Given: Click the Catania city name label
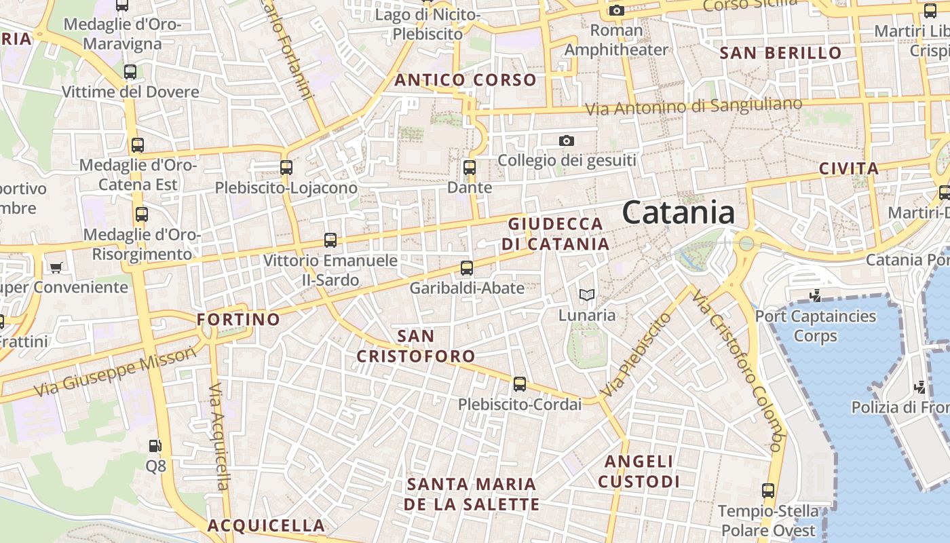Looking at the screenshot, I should tap(679, 212).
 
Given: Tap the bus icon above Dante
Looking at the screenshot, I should tap(469, 167).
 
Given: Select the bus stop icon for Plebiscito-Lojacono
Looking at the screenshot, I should tap(286, 167).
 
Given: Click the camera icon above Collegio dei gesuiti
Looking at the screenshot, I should tap(567, 141).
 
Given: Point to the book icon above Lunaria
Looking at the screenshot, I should tap(587, 295).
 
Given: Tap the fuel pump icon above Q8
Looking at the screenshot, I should tap(155, 446).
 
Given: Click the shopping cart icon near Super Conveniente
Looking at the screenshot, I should tap(56, 267).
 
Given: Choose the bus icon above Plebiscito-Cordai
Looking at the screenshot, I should tap(520, 384).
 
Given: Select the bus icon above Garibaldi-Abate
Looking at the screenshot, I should tap(467, 267).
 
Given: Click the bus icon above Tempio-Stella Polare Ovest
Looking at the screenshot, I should tap(768, 490).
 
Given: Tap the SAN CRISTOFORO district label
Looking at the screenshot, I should tap(416, 345).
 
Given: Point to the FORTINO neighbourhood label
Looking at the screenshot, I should tap(238, 319).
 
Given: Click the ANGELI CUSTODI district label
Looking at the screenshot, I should tap(639, 471).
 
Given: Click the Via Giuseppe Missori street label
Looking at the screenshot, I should tap(115, 372).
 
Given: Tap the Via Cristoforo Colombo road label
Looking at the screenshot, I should tap(738, 370).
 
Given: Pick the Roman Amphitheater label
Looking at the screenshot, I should tap(616, 40).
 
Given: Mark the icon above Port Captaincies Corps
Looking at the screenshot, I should tap(816, 295).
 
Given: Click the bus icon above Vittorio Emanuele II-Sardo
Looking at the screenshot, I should tap(330, 240).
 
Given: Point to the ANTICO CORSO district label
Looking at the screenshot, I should tap(465, 80).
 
